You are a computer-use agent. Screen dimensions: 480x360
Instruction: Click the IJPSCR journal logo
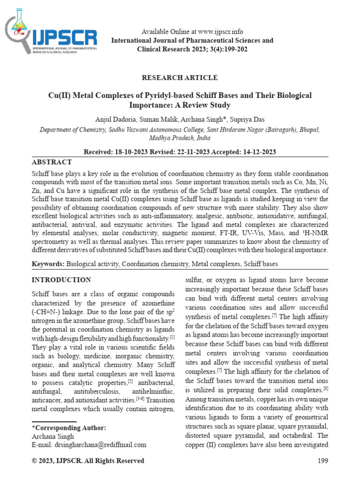coord(51,36)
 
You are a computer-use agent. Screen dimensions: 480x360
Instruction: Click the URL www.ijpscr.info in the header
coord(220,32)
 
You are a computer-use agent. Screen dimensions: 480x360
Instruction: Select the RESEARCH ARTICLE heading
coord(180,77)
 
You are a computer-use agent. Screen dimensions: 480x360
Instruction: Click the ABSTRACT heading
coord(52,162)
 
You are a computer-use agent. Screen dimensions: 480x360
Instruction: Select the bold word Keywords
coord(48,264)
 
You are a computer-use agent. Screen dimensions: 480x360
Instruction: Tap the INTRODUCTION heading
coord(61,280)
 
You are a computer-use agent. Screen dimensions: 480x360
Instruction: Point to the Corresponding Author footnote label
coord(68,427)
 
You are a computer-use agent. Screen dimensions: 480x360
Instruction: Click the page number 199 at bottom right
coord(322,461)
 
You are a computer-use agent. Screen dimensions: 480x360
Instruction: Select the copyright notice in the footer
coord(88,461)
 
